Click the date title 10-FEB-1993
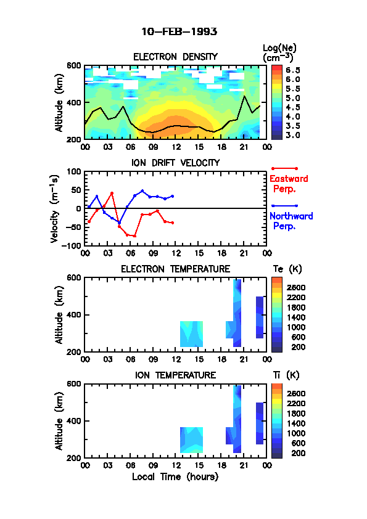179,31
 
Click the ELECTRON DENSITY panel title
175,57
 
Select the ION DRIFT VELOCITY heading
176,163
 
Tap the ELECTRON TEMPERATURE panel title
176,269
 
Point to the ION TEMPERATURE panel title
176,375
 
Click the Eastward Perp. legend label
289,184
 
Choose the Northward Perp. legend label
291,221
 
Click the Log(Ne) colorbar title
279,53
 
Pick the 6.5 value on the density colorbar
293,70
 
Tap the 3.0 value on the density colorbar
293,135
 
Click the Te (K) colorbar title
287,269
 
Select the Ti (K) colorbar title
286,375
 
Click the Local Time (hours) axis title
175,476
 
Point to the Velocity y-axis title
55,208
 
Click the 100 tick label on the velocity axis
74,171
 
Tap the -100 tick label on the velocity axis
72,245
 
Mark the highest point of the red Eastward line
112,193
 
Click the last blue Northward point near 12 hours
172,196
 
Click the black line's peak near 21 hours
244,96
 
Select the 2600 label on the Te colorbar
296,287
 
